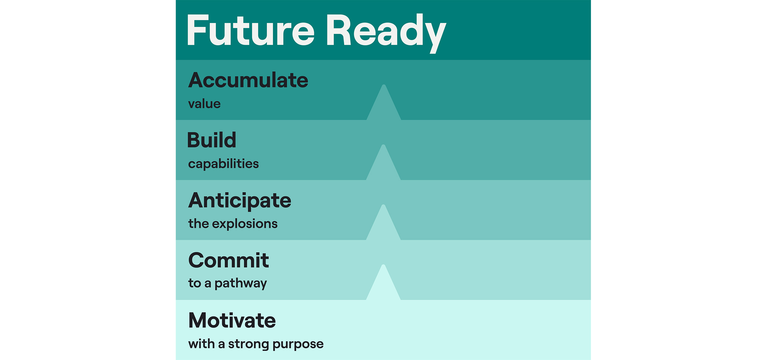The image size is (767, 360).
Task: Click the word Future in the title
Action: pyautogui.click(x=250, y=31)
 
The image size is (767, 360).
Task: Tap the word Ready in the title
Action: pyautogui.click(x=386, y=32)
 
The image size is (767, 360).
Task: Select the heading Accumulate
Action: pyautogui.click(x=248, y=80)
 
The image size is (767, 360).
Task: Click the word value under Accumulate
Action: pyautogui.click(x=204, y=104)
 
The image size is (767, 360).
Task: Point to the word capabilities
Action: pyautogui.click(x=223, y=164)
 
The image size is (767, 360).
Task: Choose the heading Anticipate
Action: pyautogui.click(x=240, y=200)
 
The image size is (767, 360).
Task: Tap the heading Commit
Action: pyautogui.click(x=228, y=260)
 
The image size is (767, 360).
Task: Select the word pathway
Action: pyautogui.click(x=241, y=284)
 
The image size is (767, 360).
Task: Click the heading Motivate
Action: pyautogui.click(x=232, y=321)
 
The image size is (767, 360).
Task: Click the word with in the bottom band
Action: pyautogui.click(x=201, y=344)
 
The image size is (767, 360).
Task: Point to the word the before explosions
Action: pyautogui.click(x=198, y=224)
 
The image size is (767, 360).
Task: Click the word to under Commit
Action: pyautogui.click(x=194, y=284)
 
